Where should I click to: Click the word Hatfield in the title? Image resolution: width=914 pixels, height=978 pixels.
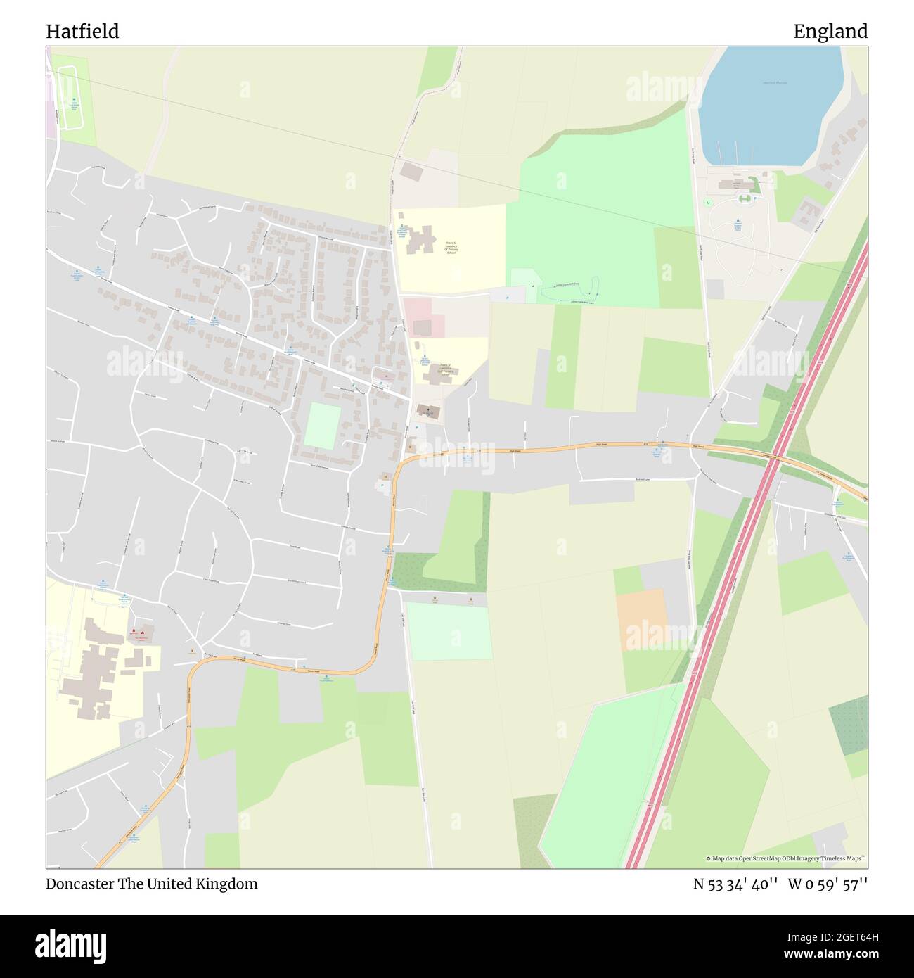(x=82, y=31)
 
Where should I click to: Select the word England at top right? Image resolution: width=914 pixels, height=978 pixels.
(x=830, y=31)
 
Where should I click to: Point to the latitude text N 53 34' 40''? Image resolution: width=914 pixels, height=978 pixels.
(x=735, y=884)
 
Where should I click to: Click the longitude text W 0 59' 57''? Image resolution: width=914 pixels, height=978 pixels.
(x=828, y=884)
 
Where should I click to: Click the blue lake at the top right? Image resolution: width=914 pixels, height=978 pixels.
(x=770, y=106)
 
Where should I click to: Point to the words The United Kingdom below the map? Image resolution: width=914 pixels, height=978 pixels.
(x=202, y=884)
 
